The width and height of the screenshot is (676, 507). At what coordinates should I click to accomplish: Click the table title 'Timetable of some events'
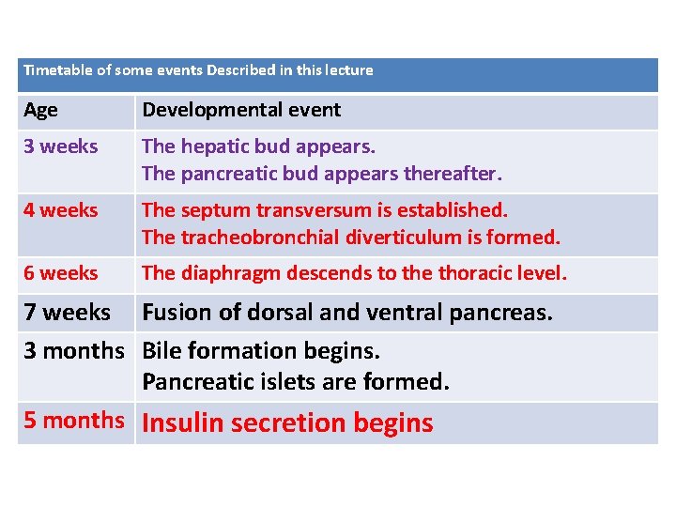pos(198,70)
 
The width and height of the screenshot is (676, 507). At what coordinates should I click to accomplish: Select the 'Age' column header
pos(40,110)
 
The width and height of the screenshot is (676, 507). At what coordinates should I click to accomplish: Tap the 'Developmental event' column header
pos(241,110)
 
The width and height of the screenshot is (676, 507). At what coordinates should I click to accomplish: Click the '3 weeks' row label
pos(61,146)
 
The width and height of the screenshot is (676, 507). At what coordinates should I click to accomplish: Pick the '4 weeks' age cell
pos(61,210)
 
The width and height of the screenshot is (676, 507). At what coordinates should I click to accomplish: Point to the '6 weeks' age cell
pos(61,273)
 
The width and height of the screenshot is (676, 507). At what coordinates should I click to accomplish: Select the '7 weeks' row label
pos(68,312)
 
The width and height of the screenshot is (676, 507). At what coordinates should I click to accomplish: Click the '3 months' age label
pos(74,350)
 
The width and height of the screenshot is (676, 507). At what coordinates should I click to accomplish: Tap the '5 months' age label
pos(74,420)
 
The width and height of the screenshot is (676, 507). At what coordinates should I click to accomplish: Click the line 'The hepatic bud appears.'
pos(258,146)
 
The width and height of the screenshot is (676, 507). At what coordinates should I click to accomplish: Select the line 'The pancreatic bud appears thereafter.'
pos(322,174)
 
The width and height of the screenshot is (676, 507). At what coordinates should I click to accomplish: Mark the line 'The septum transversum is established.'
pos(324,210)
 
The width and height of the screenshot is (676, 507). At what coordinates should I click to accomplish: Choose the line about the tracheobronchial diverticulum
pos(350,238)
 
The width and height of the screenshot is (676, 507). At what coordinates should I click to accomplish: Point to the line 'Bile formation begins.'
pos(261,351)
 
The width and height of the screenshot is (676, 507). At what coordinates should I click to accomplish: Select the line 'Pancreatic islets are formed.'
pos(296,382)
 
